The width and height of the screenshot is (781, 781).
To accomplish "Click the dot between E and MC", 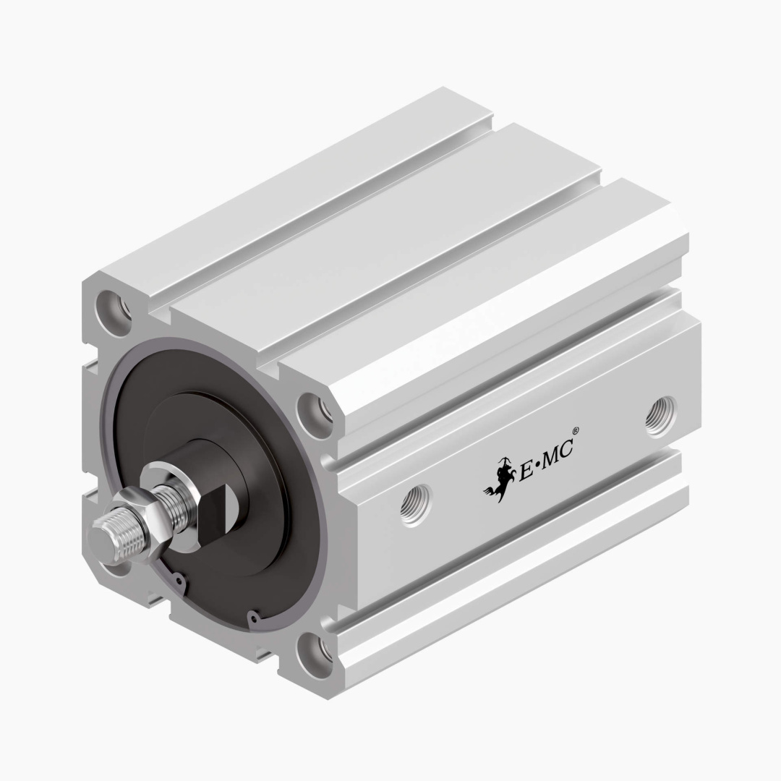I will pos(537,467).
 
